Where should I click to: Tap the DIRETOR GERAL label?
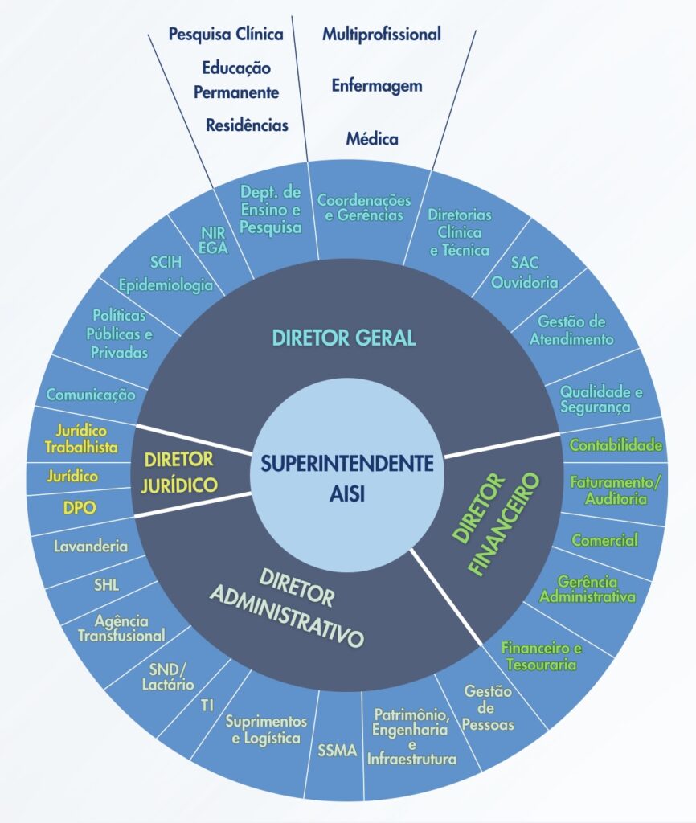click(344, 338)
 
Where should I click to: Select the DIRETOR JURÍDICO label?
click(180, 473)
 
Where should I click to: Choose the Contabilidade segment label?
click(616, 444)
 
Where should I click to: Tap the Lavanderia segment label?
click(91, 547)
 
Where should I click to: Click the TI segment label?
click(207, 706)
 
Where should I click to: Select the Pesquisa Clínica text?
click(225, 34)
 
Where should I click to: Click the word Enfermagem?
click(377, 86)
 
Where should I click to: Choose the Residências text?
click(247, 125)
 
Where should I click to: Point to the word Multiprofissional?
click(382, 34)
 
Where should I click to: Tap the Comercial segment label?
click(604, 540)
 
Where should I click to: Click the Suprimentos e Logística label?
click(266, 729)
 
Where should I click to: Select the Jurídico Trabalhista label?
click(82, 440)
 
